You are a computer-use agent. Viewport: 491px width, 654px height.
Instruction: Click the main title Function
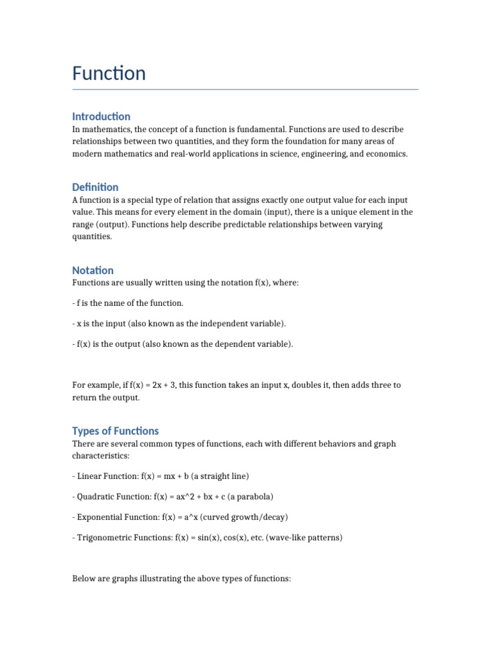(x=109, y=73)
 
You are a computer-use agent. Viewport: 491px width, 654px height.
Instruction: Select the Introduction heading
(x=101, y=116)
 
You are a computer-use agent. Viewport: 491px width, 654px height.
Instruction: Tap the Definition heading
(x=95, y=187)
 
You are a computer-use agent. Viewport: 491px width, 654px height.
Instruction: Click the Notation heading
(x=93, y=270)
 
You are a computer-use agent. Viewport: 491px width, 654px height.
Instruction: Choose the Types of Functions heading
(x=115, y=430)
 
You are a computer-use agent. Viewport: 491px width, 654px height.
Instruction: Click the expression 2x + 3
(x=164, y=385)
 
